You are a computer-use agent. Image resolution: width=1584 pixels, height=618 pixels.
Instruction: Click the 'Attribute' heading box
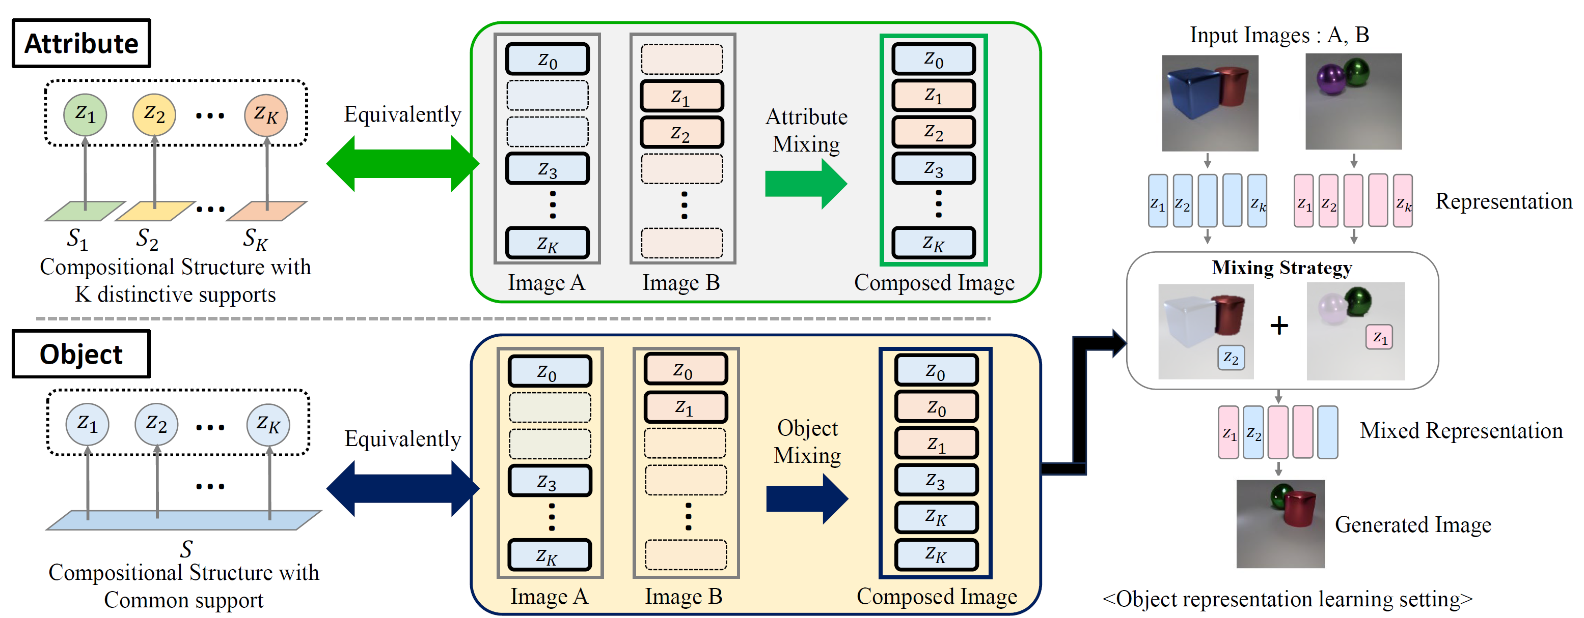[x=81, y=44]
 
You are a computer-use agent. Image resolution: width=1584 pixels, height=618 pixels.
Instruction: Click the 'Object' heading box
[x=81, y=355]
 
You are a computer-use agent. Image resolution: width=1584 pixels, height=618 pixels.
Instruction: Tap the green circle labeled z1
[x=85, y=114]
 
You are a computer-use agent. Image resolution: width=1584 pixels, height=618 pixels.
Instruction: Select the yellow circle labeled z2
[x=154, y=114]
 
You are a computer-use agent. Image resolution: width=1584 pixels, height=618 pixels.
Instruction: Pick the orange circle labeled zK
[x=266, y=114]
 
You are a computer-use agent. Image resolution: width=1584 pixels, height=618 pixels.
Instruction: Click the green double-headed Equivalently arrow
[x=403, y=164]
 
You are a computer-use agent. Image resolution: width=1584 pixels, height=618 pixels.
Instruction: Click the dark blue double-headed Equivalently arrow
[x=403, y=488]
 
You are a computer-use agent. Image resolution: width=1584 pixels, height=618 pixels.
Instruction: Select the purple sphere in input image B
[x=1328, y=79]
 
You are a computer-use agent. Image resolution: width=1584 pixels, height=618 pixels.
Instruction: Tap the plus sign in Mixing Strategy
[x=1279, y=325]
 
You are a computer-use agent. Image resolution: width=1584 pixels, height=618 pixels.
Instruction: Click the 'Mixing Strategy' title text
[x=1281, y=268]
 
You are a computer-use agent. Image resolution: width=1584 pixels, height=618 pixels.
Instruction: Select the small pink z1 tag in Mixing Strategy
[x=1379, y=337]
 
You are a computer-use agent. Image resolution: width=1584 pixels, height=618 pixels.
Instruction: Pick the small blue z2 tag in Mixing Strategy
[x=1231, y=358]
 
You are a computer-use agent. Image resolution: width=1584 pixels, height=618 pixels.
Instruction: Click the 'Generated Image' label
[x=1413, y=524]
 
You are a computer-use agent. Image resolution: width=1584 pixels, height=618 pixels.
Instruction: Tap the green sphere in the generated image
[x=1281, y=493]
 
